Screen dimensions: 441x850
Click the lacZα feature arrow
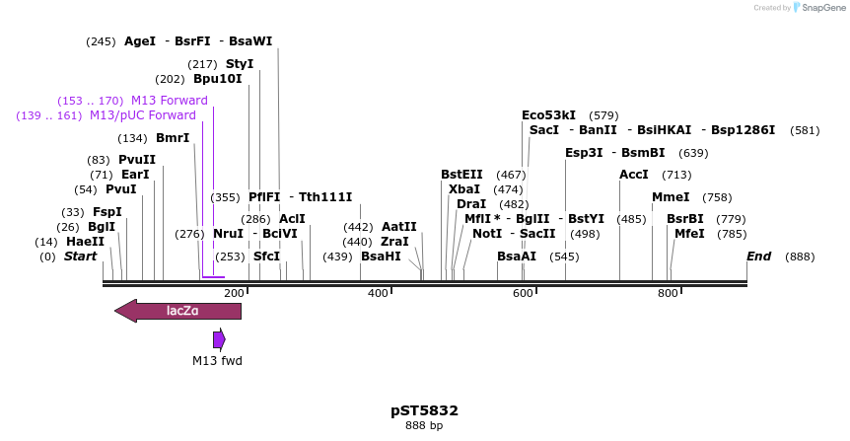coord(177,311)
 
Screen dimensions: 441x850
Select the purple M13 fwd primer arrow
coord(219,339)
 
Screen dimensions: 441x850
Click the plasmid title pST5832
coord(424,410)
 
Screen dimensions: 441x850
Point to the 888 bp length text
coord(424,426)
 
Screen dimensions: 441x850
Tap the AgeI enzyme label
coord(140,41)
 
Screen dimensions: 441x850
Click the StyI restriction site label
coord(240,64)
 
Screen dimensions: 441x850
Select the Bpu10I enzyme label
coord(217,79)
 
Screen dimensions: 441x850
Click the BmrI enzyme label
coord(173,138)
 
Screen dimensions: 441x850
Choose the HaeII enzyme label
coord(85,242)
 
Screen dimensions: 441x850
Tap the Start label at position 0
coord(81,257)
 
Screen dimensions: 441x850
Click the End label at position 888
coord(758,257)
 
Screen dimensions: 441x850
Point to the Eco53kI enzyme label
coord(548,115)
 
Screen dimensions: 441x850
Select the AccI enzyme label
coord(634,175)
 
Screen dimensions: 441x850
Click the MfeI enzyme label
coord(689,234)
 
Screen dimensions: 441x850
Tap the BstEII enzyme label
coord(461,175)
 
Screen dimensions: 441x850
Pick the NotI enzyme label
coord(487,234)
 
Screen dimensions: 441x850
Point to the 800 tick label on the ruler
coord(669,293)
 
